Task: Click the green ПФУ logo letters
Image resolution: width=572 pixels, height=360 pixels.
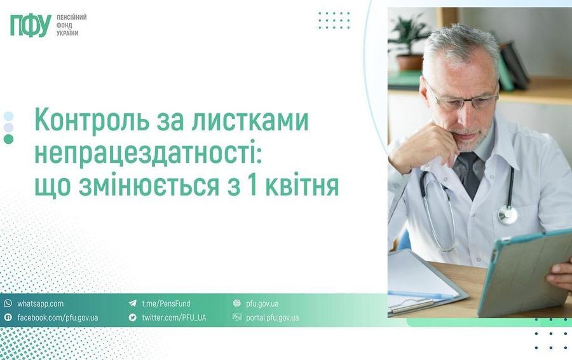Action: pyautogui.click(x=31, y=26)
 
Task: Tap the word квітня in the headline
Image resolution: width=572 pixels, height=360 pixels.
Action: pyautogui.click(x=302, y=186)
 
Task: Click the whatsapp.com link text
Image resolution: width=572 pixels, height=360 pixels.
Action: pyautogui.click(x=40, y=304)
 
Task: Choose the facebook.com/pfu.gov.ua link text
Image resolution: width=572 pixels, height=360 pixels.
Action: pyautogui.click(x=58, y=317)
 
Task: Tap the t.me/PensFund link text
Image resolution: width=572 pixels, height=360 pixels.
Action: pyautogui.click(x=166, y=304)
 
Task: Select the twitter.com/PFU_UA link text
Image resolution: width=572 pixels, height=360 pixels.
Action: pyautogui.click(x=174, y=317)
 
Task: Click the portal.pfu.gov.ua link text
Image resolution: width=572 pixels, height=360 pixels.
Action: pyautogui.click(x=272, y=317)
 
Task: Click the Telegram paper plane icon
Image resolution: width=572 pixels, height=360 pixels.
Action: pyautogui.click(x=132, y=303)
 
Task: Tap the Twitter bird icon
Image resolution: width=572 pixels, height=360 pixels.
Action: pyautogui.click(x=132, y=317)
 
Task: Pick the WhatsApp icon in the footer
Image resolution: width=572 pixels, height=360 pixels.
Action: pyautogui.click(x=8, y=303)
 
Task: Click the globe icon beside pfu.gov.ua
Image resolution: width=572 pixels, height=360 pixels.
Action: pyautogui.click(x=237, y=303)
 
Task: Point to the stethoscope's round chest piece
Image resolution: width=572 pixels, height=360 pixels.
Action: pyautogui.click(x=507, y=214)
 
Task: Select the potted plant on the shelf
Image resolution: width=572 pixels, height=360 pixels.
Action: pyautogui.click(x=409, y=42)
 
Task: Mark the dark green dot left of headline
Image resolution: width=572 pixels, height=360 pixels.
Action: pyautogui.click(x=8, y=139)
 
